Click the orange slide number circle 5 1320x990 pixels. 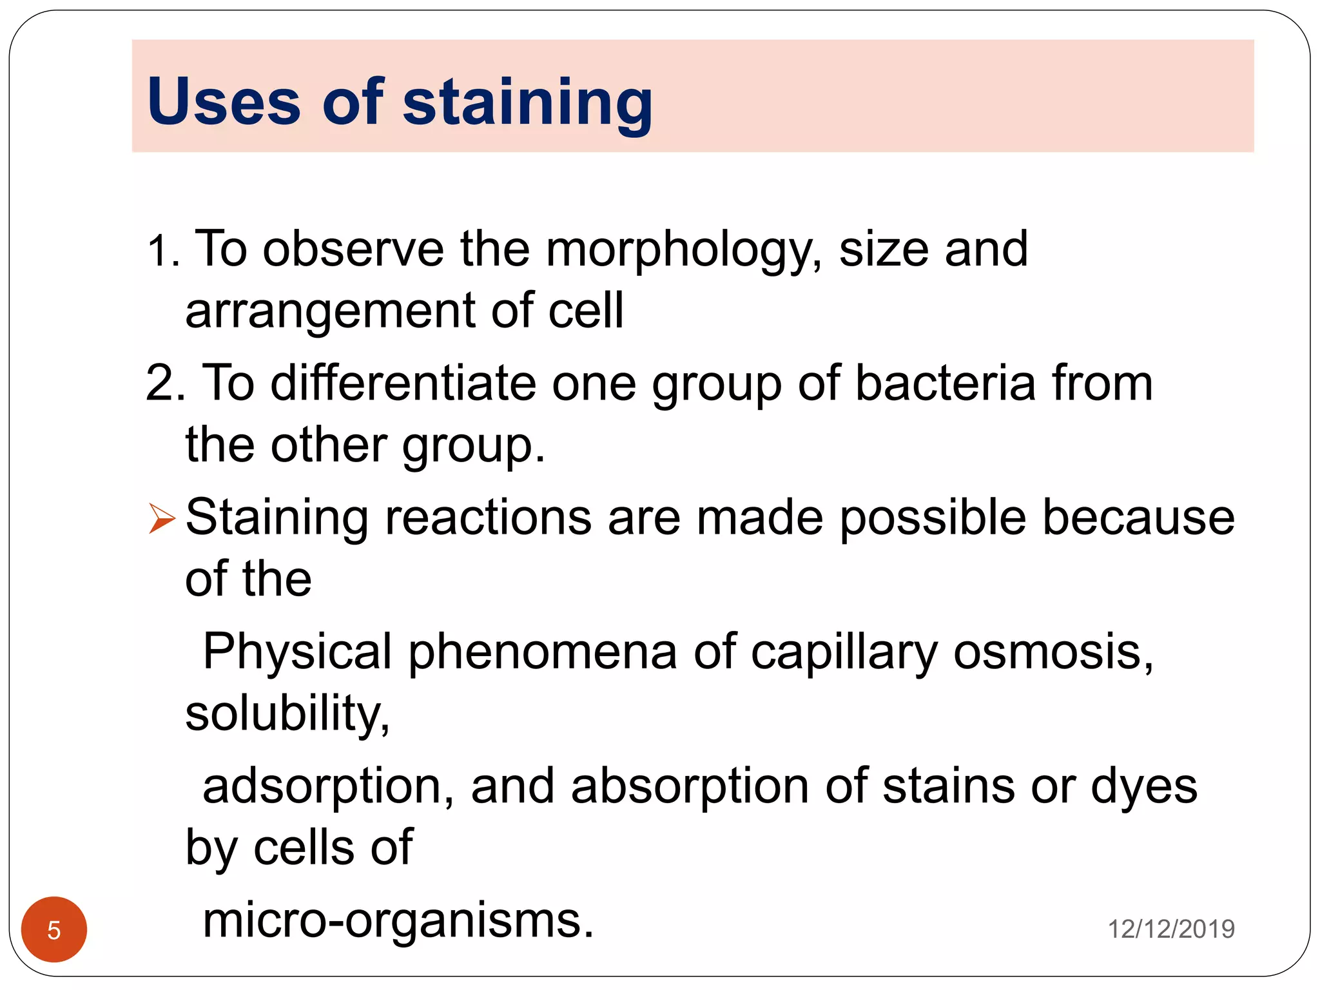click(54, 929)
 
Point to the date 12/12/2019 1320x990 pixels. click(1170, 929)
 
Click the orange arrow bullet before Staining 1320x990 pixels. click(161, 518)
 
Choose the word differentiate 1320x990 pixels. click(403, 383)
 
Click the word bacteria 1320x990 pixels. click(945, 383)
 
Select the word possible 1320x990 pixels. click(932, 518)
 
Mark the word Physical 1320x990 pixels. click(297, 652)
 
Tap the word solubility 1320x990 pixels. click(287, 714)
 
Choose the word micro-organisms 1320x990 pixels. click(398, 920)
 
